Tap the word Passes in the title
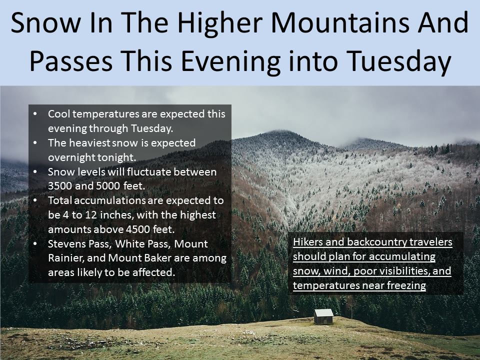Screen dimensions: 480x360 (71, 60)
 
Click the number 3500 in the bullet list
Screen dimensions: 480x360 (60, 186)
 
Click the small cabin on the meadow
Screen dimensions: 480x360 (323, 316)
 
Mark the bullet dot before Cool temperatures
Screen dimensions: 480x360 (35, 114)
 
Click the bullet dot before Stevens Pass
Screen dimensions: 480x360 (35, 244)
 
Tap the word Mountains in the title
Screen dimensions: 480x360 (340, 23)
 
